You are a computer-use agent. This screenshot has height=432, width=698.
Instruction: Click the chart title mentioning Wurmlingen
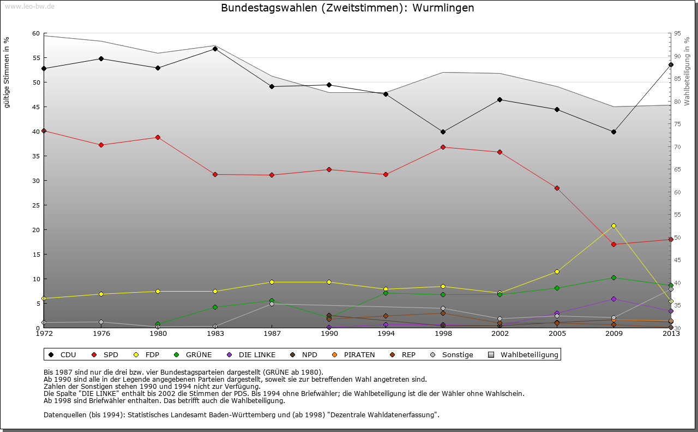pyautogui.click(x=347, y=8)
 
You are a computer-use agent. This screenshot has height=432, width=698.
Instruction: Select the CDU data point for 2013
pyautogui.click(x=671, y=65)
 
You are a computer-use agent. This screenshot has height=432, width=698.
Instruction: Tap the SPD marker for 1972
pyautogui.click(x=44, y=131)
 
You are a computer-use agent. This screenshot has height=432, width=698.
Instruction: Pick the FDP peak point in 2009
pyautogui.click(x=613, y=226)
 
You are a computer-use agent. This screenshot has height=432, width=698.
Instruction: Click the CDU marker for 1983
pyautogui.click(x=215, y=49)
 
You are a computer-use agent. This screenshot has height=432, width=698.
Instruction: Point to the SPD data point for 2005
pyautogui.click(x=557, y=188)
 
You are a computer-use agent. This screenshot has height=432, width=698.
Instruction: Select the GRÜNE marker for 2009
pyautogui.click(x=613, y=277)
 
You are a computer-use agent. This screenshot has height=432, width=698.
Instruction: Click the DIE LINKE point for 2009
pyautogui.click(x=613, y=299)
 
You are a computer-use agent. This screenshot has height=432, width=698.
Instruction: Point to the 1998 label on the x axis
pyautogui.click(x=443, y=333)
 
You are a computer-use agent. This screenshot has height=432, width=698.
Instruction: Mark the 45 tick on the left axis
pyautogui.click(x=36, y=107)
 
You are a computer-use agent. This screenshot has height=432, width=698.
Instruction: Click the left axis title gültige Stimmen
pyautogui.click(x=7, y=72)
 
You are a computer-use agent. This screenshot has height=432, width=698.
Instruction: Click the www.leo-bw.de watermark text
pyautogui.click(x=29, y=7)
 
